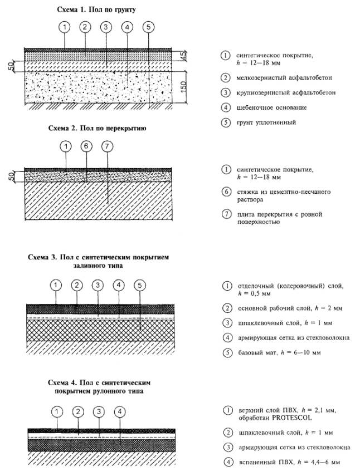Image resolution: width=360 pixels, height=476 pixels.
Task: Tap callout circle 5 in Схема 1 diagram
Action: coord(147,27)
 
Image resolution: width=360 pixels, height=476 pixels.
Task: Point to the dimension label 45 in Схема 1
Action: coord(182,55)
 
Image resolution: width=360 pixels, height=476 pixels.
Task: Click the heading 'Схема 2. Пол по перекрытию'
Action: coord(97,128)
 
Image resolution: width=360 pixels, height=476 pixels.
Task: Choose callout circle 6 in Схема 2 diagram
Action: coord(86,146)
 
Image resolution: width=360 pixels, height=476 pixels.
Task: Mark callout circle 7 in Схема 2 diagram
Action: coord(107,146)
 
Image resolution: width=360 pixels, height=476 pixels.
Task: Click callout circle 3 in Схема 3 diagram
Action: coord(98,285)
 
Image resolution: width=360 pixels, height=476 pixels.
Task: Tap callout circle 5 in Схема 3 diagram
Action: coord(140,285)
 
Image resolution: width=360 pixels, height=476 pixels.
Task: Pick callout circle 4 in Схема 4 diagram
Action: coord(119,412)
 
